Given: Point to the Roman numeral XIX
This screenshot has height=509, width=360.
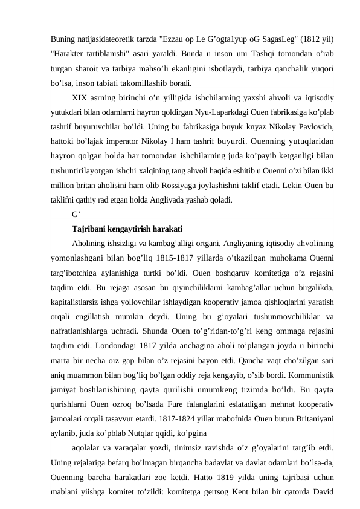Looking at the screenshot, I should pos(80,97).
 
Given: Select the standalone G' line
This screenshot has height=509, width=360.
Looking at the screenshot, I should pos(77,214).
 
